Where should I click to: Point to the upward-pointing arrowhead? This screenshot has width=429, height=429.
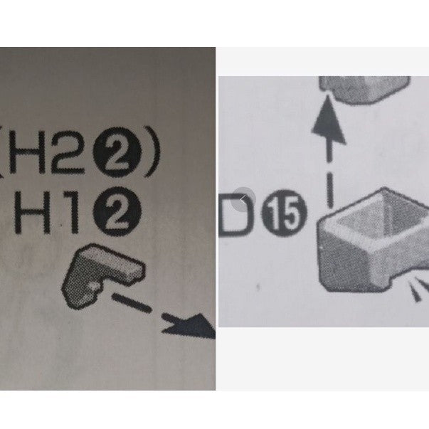pos(328,117)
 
